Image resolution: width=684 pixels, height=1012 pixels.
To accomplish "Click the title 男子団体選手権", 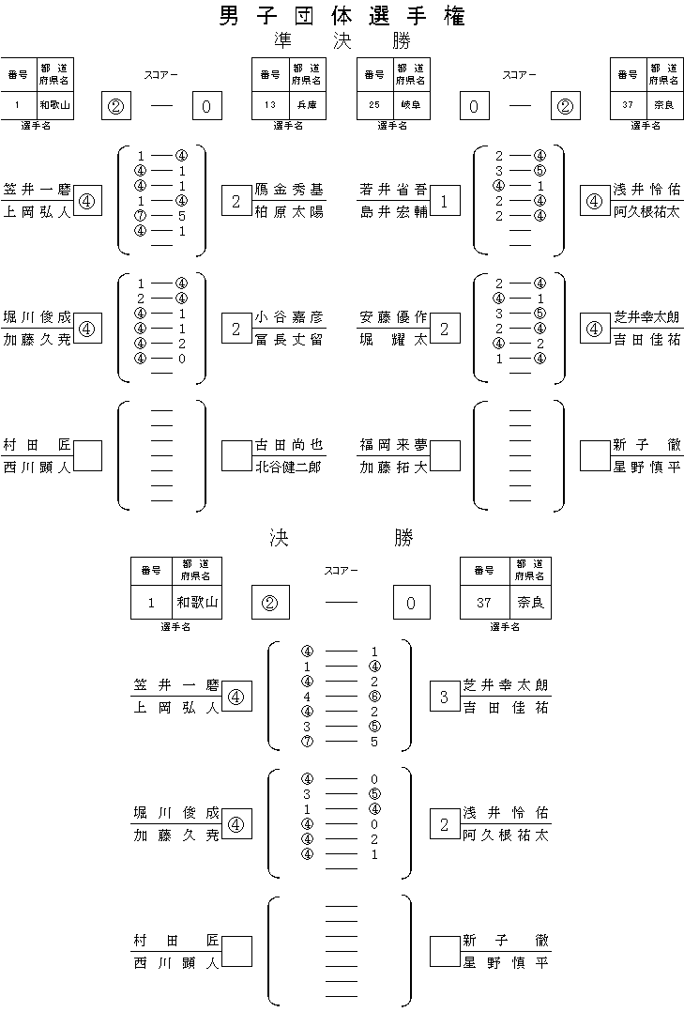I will (x=342, y=16).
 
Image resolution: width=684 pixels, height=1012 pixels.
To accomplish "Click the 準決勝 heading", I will (x=342, y=42).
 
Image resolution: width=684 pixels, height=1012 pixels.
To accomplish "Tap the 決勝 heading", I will (x=342, y=538).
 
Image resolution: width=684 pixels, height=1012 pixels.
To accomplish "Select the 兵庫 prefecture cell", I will (x=307, y=105).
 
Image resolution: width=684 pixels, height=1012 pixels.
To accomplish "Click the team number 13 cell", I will (x=269, y=105).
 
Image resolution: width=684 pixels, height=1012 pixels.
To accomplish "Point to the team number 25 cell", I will (x=374, y=105).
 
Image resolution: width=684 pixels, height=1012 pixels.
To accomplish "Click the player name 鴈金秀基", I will (x=289, y=190).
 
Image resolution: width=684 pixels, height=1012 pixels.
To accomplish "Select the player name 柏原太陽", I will (x=289, y=211).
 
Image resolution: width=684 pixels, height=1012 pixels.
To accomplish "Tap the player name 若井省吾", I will (x=393, y=190).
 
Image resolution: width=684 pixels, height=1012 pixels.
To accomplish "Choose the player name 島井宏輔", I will (x=393, y=211).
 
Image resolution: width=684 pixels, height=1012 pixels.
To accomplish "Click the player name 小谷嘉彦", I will (x=289, y=317).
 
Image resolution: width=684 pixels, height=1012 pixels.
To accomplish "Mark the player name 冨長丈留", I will (x=289, y=339).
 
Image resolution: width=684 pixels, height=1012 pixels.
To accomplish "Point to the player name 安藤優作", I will (x=393, y=317).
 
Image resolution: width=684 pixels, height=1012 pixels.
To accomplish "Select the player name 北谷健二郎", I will (x=289, y=467).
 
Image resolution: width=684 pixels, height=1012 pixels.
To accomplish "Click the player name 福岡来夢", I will (x=393, y=445).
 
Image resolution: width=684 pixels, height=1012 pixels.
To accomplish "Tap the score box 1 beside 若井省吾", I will (x=445, y=200).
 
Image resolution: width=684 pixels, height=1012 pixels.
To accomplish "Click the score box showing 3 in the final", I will (x=445, y=697).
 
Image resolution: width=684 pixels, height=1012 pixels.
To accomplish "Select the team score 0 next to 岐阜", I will (x=475, y=106).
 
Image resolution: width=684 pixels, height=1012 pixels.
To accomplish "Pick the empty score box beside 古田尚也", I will (x=236, y=455).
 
